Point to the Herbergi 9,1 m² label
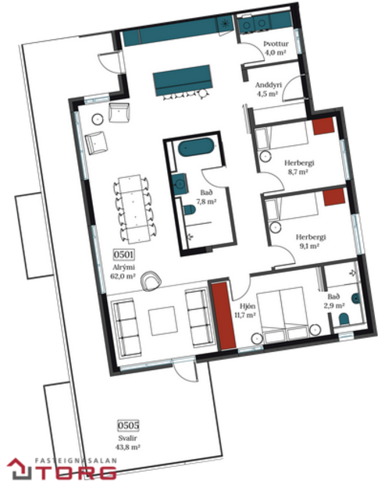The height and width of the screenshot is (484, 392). [310, 240]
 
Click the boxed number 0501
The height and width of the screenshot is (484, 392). [125, 255]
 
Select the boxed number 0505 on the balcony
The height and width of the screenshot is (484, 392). [128, 425]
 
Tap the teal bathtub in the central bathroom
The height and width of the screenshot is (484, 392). [192, 148]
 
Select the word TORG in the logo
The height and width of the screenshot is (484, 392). [84, 473]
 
